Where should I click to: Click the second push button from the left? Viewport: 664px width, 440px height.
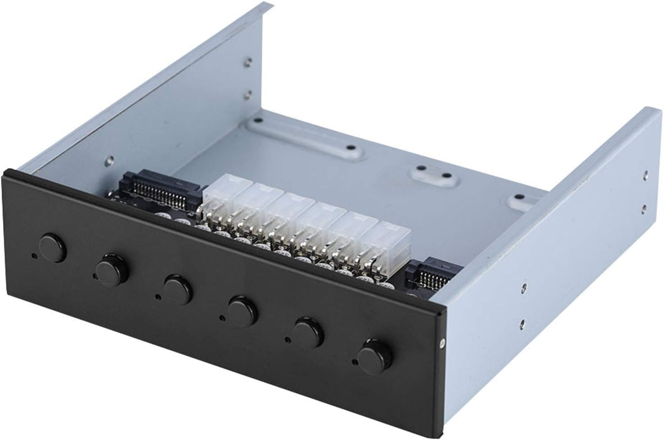point(112,268)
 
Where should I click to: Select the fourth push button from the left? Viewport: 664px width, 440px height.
point(242,309)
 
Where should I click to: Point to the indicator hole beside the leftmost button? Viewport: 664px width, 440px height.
point(34,257)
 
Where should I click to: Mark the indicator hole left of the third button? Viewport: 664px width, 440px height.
point(157,297)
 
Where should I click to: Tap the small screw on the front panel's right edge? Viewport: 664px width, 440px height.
point(442,344)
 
